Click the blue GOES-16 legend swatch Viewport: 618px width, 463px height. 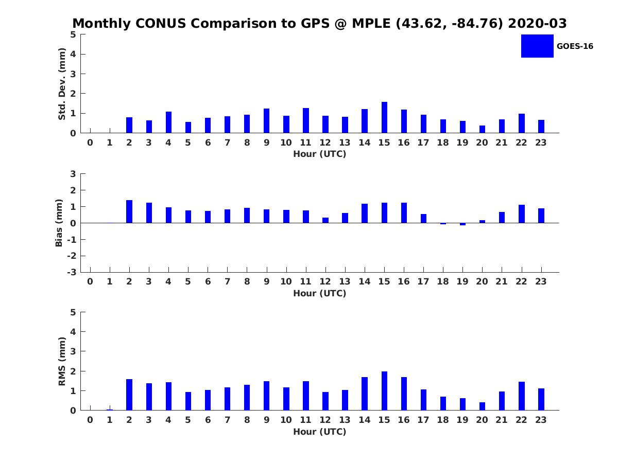[x=537, y=46]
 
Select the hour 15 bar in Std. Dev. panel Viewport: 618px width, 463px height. [x=384, y=117]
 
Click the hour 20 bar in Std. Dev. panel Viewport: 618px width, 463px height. [x=482, y=129]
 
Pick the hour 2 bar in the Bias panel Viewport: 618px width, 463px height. [x=129, y=211]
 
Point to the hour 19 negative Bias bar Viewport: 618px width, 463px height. [x=462, y=224]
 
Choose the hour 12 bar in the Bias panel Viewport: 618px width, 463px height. [x=325, y=220]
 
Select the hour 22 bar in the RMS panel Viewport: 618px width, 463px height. [x=522, y=396]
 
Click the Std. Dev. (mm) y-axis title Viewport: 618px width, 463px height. [x=62, y=84]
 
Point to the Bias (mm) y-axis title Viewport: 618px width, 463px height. [x=59, y=223]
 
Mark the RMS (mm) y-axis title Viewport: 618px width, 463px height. [x=62, y=361]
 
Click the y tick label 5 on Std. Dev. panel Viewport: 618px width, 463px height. [x=74, y=34]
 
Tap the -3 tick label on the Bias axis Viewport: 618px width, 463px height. [x=72, y=272]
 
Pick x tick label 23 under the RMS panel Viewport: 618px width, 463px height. [x=541, y=420]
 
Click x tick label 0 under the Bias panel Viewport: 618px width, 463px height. [x=90, y=281]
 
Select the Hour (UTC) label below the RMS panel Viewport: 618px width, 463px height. [x=320, y=432]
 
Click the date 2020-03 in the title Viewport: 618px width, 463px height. [x=537, y=24]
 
